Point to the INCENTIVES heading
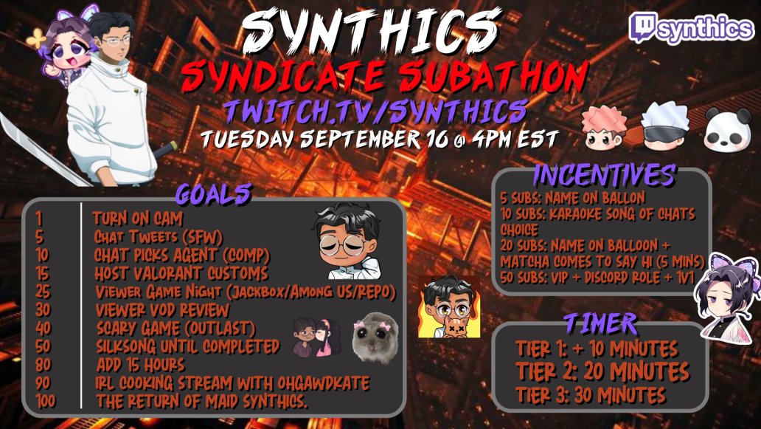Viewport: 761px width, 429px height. coord(602,175)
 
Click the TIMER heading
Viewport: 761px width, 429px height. coord(601,323)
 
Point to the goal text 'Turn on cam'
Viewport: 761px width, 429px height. coord(138,219)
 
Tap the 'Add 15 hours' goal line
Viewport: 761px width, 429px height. coord(140,365)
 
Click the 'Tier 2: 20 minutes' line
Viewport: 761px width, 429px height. coord(602,371)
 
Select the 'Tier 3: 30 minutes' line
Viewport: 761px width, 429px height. coord(591,394)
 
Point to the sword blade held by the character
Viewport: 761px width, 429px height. coord(37,152)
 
